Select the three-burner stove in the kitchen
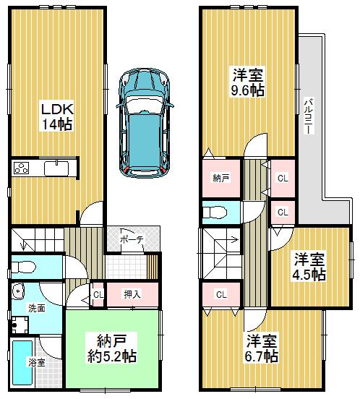click(20, 168)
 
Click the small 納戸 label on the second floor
click(220, 177)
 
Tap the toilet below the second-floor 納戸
click(213, 212)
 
